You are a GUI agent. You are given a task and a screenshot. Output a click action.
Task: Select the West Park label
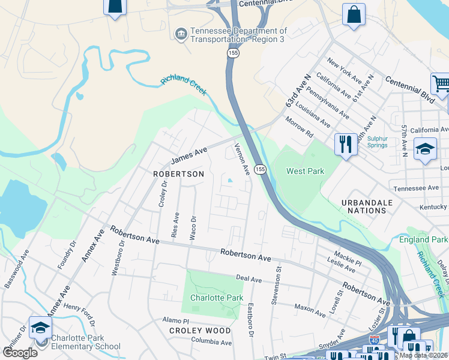click(x=305, y=171)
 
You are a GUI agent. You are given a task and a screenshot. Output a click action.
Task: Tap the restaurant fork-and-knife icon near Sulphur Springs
click(x=345, y=144)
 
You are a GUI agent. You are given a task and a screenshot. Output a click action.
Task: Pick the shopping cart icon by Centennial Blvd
click(x=441, y=84)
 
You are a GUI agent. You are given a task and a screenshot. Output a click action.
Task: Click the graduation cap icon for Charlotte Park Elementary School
click(x=40, y=328)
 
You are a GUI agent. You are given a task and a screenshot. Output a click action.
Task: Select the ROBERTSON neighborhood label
click(x=178, y=174)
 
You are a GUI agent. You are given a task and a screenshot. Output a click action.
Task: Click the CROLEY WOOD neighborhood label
click(x=200, y=331)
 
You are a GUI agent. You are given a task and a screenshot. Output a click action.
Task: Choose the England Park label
click(x=423, y=240)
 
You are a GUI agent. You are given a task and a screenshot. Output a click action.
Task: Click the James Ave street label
click(x=188, y=155)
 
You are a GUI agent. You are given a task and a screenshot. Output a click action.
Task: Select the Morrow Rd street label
click(x=300, y=125)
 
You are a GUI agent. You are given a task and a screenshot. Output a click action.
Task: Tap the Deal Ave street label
click(x=249, y=279)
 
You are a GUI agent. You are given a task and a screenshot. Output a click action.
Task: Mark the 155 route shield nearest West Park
click(x=260, y=170)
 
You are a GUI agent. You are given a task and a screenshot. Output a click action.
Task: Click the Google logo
click(x=20, y=353)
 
